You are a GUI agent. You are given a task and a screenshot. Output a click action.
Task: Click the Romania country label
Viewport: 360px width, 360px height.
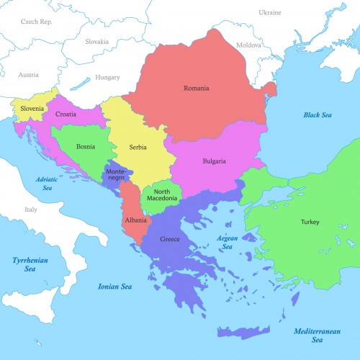196,89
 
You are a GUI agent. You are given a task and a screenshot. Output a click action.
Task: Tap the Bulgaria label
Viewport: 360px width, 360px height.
214,161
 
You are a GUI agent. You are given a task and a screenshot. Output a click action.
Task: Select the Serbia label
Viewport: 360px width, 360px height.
138,148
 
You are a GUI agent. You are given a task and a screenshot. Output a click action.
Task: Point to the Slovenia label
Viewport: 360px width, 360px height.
32,109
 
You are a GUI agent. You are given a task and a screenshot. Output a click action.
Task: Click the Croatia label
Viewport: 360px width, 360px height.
66,114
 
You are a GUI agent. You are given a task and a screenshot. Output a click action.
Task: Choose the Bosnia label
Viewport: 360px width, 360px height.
86,147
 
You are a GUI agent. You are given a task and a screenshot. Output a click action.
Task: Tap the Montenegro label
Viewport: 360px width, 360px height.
114,175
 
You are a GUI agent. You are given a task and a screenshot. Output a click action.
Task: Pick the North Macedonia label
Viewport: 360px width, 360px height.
162,196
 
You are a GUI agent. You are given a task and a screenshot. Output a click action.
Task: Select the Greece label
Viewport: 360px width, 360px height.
170,240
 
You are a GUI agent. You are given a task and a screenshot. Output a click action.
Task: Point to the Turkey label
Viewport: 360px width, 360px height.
309,222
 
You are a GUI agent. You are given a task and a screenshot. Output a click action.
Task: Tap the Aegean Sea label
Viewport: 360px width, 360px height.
227,242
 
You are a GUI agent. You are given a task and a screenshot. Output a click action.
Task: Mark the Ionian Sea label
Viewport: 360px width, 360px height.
115,287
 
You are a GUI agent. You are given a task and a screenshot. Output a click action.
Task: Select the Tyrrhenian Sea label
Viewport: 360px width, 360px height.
30,264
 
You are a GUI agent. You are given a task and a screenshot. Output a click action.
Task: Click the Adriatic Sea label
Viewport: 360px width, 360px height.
48,183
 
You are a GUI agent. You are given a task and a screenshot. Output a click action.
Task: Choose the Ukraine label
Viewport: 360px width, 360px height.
270,13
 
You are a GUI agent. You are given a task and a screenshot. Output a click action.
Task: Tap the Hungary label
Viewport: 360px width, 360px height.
108,77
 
